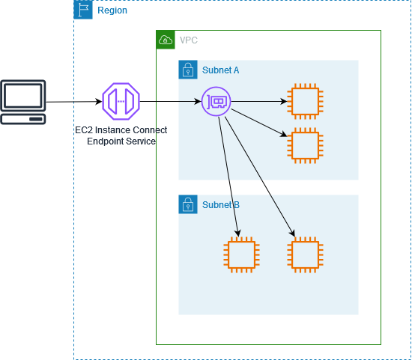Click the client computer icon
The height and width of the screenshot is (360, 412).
click(23, 101)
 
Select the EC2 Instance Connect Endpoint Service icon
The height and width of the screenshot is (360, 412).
click(121, 101)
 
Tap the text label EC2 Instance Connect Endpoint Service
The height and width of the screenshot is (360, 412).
click(121, 135)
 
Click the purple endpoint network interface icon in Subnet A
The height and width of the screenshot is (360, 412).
click(216, 101)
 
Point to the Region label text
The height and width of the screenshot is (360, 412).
click(112, 10)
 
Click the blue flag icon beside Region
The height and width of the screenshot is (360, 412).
click(83, 10)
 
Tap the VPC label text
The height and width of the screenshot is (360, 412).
click(189, 40)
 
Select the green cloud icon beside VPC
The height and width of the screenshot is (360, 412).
click(165, 40)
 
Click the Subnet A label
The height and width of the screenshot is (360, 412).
click(221, 70)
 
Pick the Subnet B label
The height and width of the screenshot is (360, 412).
click(221, 204)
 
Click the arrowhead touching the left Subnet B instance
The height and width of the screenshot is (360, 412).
click(239, 234)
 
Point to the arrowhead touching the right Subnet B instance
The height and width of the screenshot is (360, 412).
click(292, 235)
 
